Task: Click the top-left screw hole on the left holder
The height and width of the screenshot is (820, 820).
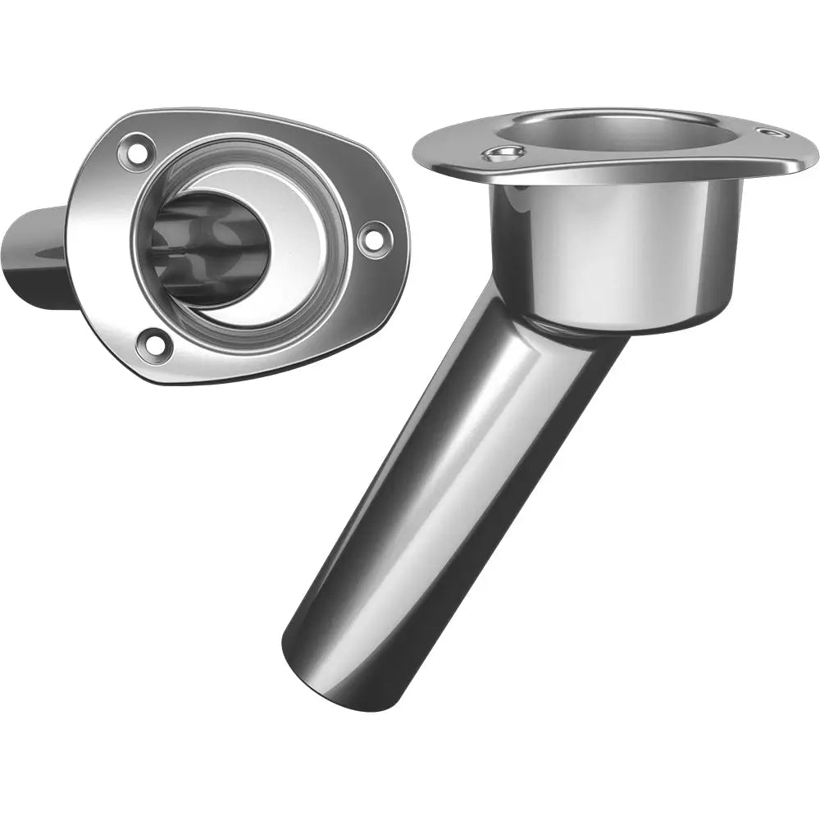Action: point(134,151)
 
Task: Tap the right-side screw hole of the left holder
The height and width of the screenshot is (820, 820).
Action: point(373,238)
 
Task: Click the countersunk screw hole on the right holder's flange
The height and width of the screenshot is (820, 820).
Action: point(503,154)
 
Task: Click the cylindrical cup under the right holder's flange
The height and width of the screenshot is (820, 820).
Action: point(615,246)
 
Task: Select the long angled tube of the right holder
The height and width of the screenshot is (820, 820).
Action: point(451,476)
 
